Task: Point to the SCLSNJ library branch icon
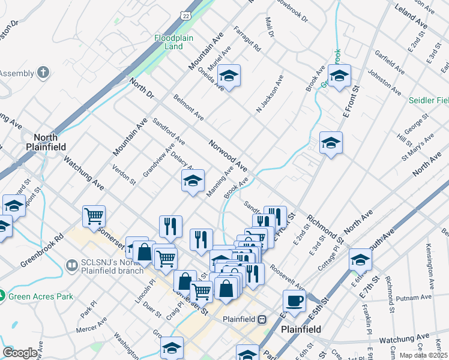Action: pos(73,265)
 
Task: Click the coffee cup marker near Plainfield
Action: pos(294,300)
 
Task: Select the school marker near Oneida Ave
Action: pos(228,76)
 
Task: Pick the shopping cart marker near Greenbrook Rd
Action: pos(94,216)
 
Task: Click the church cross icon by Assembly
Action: pos(43,73)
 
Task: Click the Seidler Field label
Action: pos(429,100)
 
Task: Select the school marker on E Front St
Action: pos(339,76)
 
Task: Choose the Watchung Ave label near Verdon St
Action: pos(84,174)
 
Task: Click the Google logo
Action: pos(20,353)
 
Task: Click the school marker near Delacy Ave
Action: pos(193,181)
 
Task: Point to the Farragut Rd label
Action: pos(247,38)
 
